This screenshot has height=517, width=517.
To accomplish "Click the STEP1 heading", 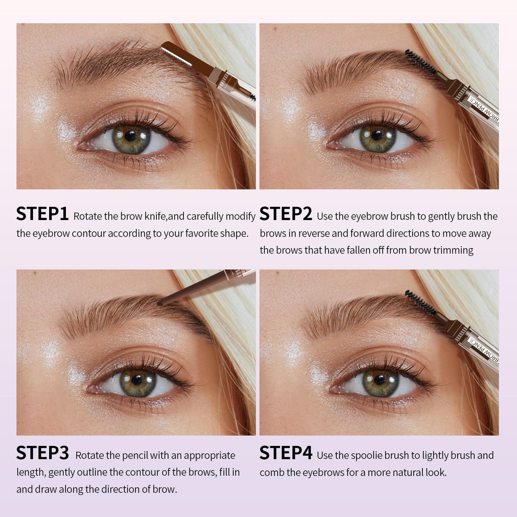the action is [x=42, y=214].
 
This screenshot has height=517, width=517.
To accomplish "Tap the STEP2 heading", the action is [x=286, y=214].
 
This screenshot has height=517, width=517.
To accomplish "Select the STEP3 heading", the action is [x=43, y=453].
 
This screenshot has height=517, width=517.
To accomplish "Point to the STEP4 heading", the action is [x=286, y=453].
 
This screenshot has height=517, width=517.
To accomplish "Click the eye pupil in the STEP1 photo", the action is [x=130, y=136].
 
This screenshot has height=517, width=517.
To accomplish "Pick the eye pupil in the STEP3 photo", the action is [x=137, y=380].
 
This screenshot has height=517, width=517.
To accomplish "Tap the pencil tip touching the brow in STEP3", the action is [x=160, y=304].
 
